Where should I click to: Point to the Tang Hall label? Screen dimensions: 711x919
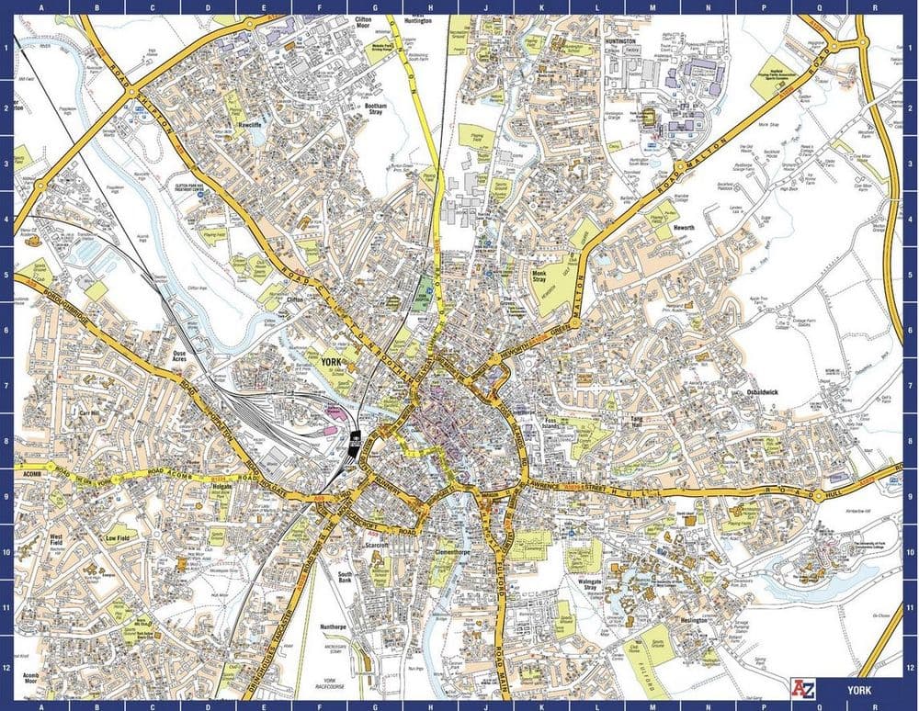coord(636,422)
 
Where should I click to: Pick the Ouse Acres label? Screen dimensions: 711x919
coord(186,355)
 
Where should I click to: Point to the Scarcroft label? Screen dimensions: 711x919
coord(378,546)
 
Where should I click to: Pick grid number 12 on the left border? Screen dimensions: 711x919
coord(6,667)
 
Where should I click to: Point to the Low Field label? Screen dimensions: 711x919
coord(117,538)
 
